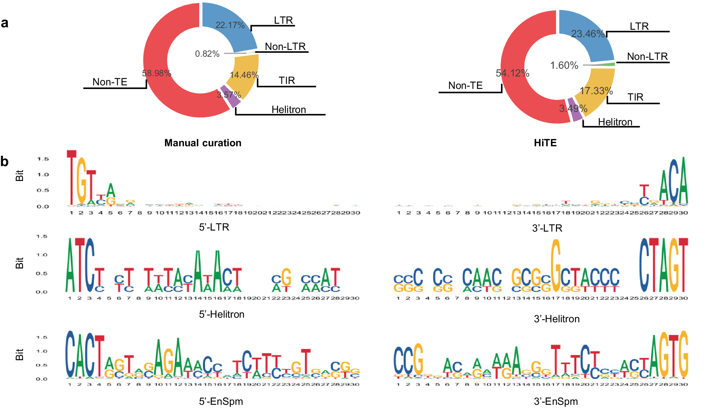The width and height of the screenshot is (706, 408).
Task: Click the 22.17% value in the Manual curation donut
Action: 230,25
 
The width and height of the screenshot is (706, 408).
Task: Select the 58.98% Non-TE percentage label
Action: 156,73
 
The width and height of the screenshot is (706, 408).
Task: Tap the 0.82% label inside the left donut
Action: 207,54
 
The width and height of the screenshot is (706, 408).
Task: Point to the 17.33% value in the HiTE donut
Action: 596,91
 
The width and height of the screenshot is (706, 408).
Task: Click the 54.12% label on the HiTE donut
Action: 512,73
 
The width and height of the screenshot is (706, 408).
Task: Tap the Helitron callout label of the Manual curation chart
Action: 289,110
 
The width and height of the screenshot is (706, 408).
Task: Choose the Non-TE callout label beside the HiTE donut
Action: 465,86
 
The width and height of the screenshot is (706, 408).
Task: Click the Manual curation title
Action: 203,143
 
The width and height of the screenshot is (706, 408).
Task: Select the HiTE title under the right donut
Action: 545,143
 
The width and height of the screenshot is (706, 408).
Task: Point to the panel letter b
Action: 5,161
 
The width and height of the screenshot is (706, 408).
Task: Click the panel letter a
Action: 5,23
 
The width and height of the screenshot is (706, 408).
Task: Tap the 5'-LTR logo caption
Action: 214,227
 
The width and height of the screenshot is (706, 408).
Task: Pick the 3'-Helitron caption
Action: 557,319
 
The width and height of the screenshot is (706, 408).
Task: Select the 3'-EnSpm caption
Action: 556,401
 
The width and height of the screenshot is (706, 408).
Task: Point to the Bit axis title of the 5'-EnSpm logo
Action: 19,355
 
